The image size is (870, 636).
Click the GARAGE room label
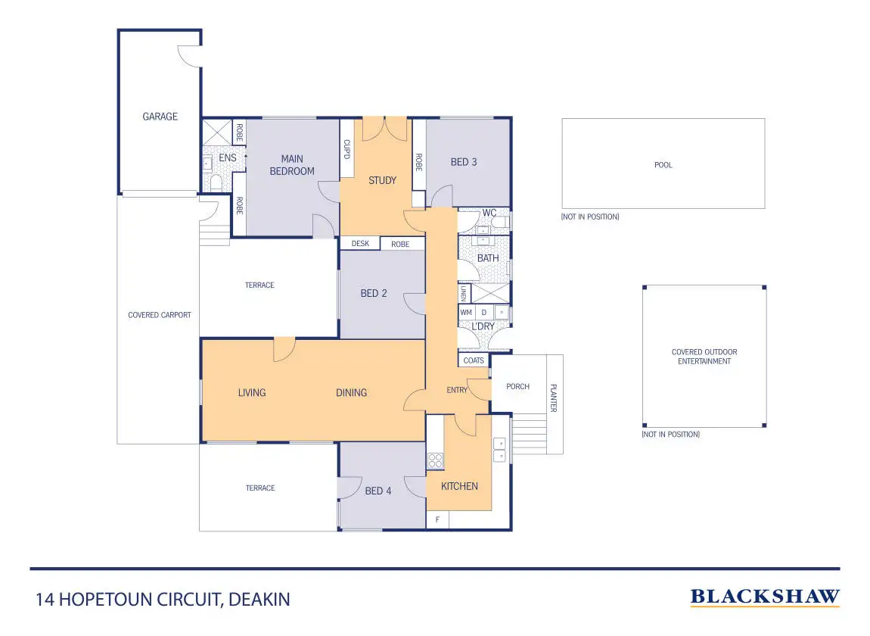[160, 117]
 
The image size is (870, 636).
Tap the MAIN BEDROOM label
[292, 165]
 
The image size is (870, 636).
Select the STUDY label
[382, 180]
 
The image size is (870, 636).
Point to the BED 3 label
[464, 162]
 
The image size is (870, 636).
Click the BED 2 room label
[374, 293]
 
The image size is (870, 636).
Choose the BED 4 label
[378, 491]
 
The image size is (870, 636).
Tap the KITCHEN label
[459, 486]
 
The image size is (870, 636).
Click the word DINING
[351, 392]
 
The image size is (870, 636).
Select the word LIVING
[252, 392]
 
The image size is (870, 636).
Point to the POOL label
[663, 165]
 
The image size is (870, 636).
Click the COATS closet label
[474, 360]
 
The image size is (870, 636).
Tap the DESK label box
[360, 244]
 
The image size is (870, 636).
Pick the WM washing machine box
[466, 312]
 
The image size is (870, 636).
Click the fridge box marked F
[437, 520]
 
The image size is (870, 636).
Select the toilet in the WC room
[502, 222]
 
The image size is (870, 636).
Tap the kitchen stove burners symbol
[435, 460]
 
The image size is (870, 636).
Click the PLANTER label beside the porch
[554, 397]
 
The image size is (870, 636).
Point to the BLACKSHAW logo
[765, 597]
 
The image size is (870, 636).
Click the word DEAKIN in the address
[259, 600]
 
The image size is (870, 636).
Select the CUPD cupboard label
[347, 149]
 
